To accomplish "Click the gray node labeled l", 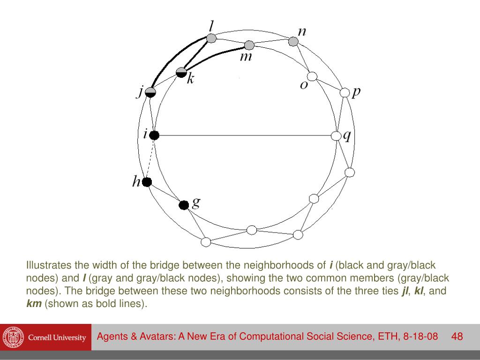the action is [211, 38].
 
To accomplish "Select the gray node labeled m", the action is [249, 45].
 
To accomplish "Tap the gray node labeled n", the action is [293, 42].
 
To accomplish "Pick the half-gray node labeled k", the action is [181, 72].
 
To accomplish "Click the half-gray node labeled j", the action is [150, 92].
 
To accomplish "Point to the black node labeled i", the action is [154, 135].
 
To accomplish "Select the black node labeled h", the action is [147, 182].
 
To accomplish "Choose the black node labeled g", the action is [184, 205].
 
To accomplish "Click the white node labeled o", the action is [311, 76].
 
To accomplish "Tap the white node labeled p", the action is [345, 92].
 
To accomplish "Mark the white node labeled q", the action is [336, 136].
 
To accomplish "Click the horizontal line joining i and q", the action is [244, 135].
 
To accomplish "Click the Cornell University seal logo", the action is [11, 337].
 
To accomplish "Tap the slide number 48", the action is [457, 337].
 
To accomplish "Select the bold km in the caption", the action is [34, 303].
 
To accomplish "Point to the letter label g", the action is [196, 202].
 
